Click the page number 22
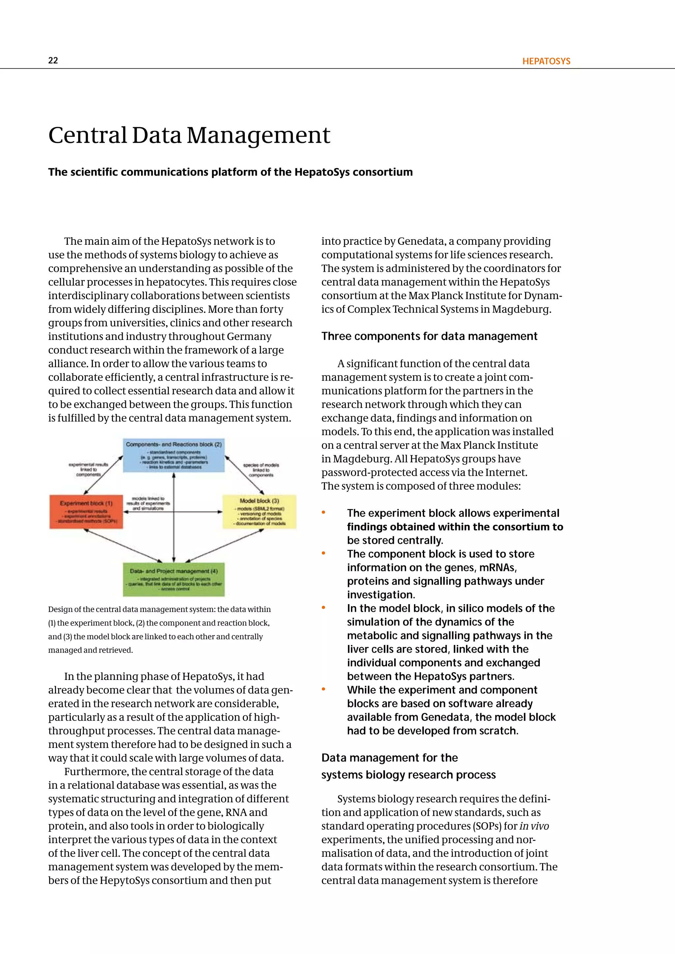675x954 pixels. [x=53, y=60]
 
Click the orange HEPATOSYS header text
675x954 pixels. [x=546, y=61]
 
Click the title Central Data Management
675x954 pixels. [x=189, y=135]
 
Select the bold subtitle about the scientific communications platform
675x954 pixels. [x=230, y=172]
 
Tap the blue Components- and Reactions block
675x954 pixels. [x=174, y=455]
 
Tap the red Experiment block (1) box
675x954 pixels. [x=86, y=512]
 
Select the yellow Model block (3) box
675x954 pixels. [x=259, y=512]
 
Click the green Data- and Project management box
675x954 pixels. [x=174, y=579]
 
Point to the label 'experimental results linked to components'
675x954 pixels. [x=88, y=469]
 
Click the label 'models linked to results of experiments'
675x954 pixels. [x=148, y=503]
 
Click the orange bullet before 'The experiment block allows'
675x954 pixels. [x=323, y=513]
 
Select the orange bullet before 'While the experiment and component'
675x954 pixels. [x=323, y=690]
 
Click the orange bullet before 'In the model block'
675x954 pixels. [x=323, y=608]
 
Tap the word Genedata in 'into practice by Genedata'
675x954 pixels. [x=421, y=241]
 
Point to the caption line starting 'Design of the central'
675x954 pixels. [x=159, y=609]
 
